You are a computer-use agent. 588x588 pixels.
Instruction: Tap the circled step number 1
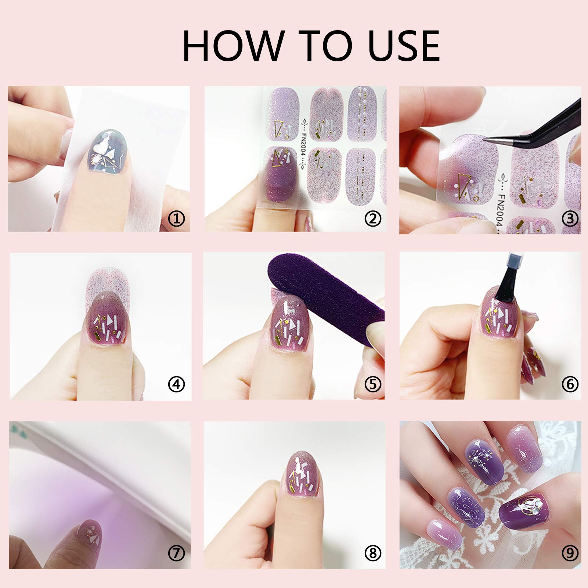176,219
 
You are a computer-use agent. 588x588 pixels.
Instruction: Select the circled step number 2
373,219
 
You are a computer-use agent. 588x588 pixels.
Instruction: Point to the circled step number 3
570,219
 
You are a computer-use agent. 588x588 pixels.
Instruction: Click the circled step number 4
176,385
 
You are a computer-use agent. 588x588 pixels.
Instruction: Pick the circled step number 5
373,385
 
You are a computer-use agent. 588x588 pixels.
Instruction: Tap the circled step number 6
570,385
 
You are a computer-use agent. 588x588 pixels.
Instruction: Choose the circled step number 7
176,553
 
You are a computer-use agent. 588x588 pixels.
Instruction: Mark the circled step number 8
373,553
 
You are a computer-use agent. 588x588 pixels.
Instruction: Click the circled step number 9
570,553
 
